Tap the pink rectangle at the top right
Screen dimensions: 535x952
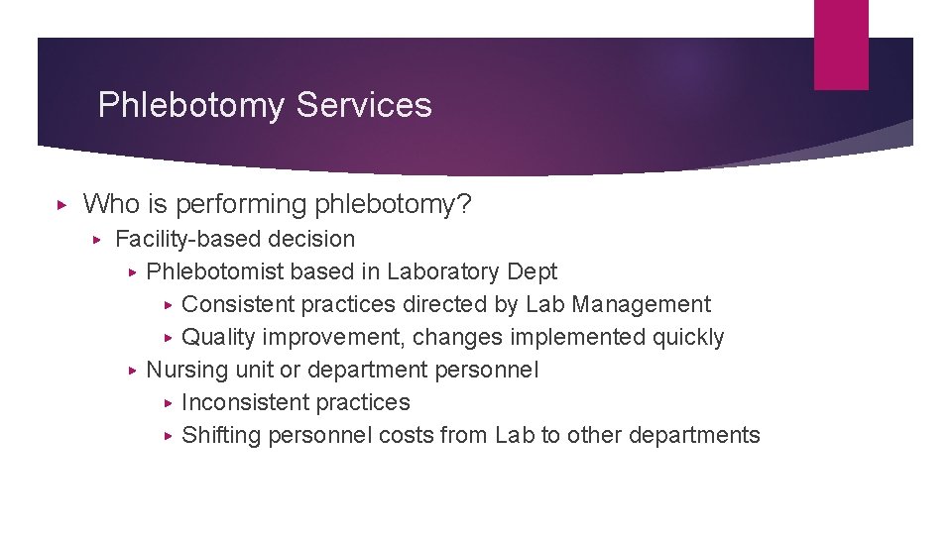pyautogui.click(x=840, y=44)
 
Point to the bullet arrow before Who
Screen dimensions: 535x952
pyautogui.click(x=61, y=205)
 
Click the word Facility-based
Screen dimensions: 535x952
pyautogui.click(x=185, y=239)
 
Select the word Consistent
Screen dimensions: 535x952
pyautogui.click(x=238, y=304)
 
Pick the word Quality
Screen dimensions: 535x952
pyautogui.click(x=218, y=337)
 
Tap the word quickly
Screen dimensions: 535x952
pyautogui.click(x=687, y=337)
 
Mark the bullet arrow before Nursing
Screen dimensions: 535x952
pyautogui.click(x=134, y=370)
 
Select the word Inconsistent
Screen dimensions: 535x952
pyautogui.click(x=246, y=402)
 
